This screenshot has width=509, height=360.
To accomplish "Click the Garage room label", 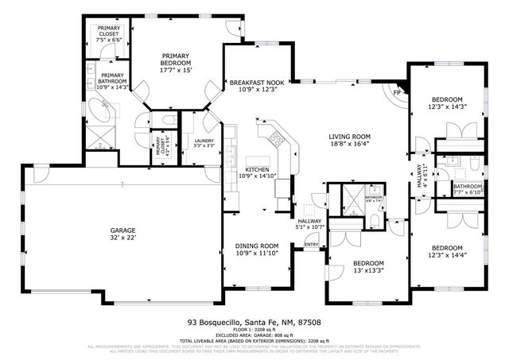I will [122, 232].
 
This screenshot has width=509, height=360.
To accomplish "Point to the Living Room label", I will [350, 140].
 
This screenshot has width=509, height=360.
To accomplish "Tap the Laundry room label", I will [204, 143].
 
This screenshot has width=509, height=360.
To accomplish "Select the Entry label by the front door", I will [311, 245].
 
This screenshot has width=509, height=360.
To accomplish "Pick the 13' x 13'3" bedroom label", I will [368, 267].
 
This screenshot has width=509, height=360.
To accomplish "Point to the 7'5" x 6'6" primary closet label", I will [109, 35].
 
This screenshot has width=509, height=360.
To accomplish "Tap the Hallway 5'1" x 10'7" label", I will [309, 224].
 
